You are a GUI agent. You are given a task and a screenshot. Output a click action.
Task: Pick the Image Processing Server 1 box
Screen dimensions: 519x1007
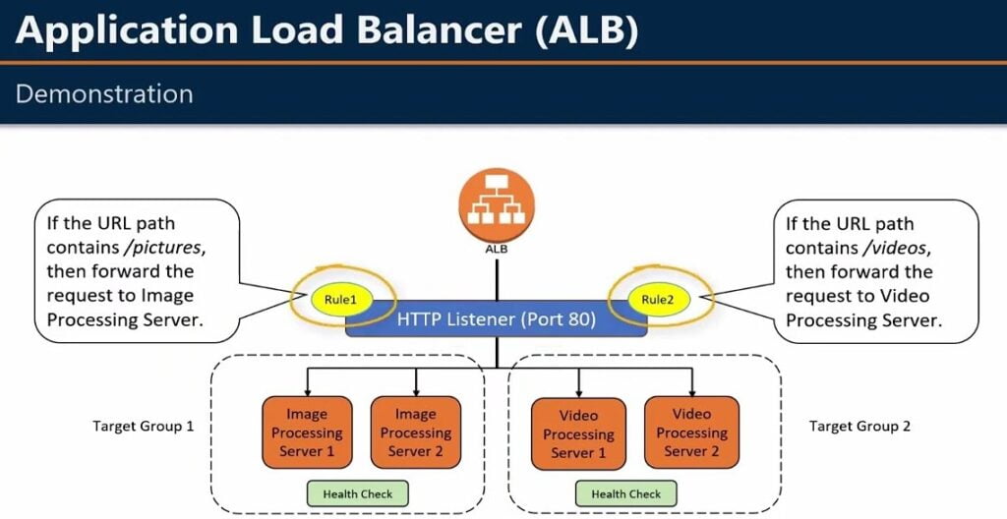coord(307,432)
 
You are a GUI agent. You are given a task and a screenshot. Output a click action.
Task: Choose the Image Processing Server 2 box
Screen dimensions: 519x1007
coord(415,432)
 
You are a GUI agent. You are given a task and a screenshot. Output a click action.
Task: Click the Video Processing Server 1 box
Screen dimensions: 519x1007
coord(578,434)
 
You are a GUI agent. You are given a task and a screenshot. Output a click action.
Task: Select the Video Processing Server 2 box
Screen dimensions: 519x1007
coord(691,432)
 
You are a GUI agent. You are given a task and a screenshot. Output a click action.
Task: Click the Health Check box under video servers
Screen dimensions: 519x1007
coord(626,493)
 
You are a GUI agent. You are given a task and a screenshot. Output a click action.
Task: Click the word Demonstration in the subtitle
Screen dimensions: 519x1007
coord(104,94)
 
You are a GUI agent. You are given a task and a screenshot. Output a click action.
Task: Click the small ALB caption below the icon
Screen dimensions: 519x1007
coord(496,249)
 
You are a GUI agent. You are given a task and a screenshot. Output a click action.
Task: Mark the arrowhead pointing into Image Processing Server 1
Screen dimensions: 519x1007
coord(308,391)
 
